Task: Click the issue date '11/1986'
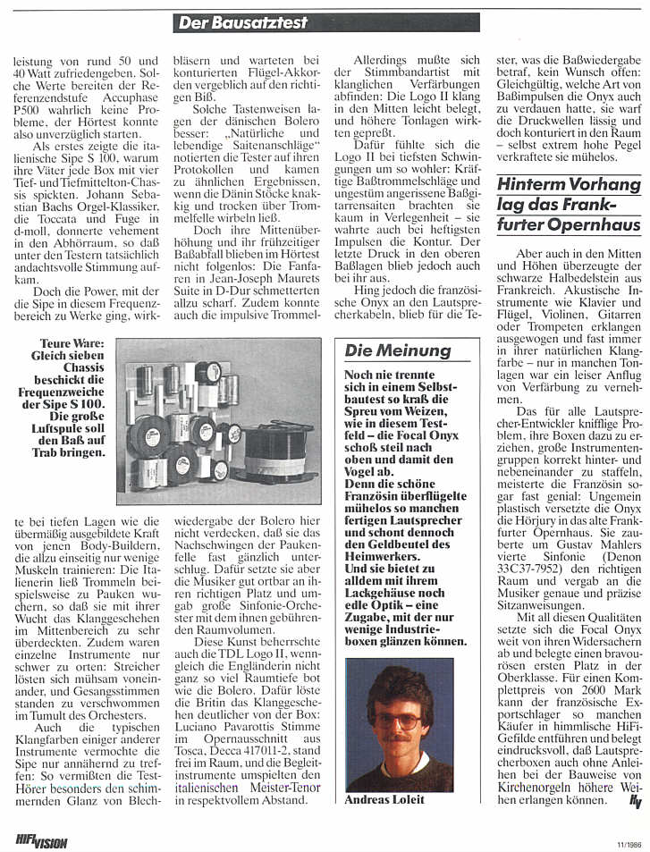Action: pyautogui.click(x=628, y=842)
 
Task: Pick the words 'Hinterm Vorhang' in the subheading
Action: pyautogui.click(x=569, y=185)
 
